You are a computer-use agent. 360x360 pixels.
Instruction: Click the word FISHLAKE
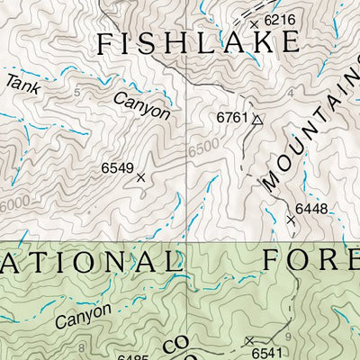tap(197, 42)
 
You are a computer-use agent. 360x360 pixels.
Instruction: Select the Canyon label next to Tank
tap(142, 104)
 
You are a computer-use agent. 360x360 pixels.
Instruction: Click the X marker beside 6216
tap(254, 24)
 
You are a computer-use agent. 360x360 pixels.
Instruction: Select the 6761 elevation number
tap(231, 118)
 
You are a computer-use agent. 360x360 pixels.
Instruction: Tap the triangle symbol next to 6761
tap(256, 119)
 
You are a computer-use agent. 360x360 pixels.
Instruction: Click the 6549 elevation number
tap(117, 167)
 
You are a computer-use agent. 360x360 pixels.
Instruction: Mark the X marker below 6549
tap(140, 178)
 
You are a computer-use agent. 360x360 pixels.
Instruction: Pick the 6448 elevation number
tap(311, 209)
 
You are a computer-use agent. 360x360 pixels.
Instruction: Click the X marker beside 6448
tap(291, 219)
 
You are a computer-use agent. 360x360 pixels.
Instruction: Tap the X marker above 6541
tap(248, 340)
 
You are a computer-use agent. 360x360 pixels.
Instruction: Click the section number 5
tap(77, 93)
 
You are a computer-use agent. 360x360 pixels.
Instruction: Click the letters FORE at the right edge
tap(310, 259)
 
